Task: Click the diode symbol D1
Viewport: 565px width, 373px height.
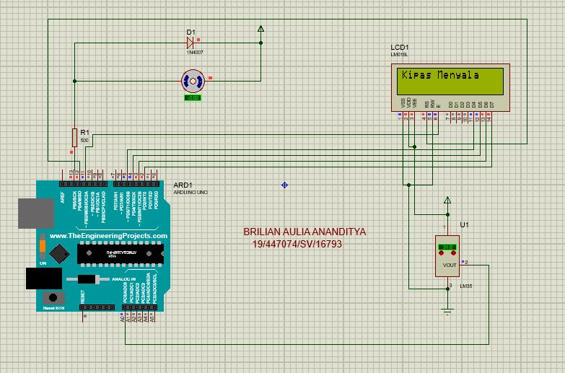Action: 191,41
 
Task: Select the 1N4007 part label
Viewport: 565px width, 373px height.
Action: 196,53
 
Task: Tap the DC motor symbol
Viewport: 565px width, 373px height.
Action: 193,81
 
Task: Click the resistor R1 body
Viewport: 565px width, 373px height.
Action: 74,136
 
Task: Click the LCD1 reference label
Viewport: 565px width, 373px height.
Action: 399,48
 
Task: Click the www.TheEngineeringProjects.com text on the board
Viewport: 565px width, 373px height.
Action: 108,236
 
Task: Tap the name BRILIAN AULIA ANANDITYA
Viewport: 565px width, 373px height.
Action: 305,232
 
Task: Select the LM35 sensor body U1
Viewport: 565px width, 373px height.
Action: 447,257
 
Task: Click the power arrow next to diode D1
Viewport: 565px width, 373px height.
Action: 260,29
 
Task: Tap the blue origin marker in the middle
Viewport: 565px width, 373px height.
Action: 284,185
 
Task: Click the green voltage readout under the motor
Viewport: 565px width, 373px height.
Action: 193,97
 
